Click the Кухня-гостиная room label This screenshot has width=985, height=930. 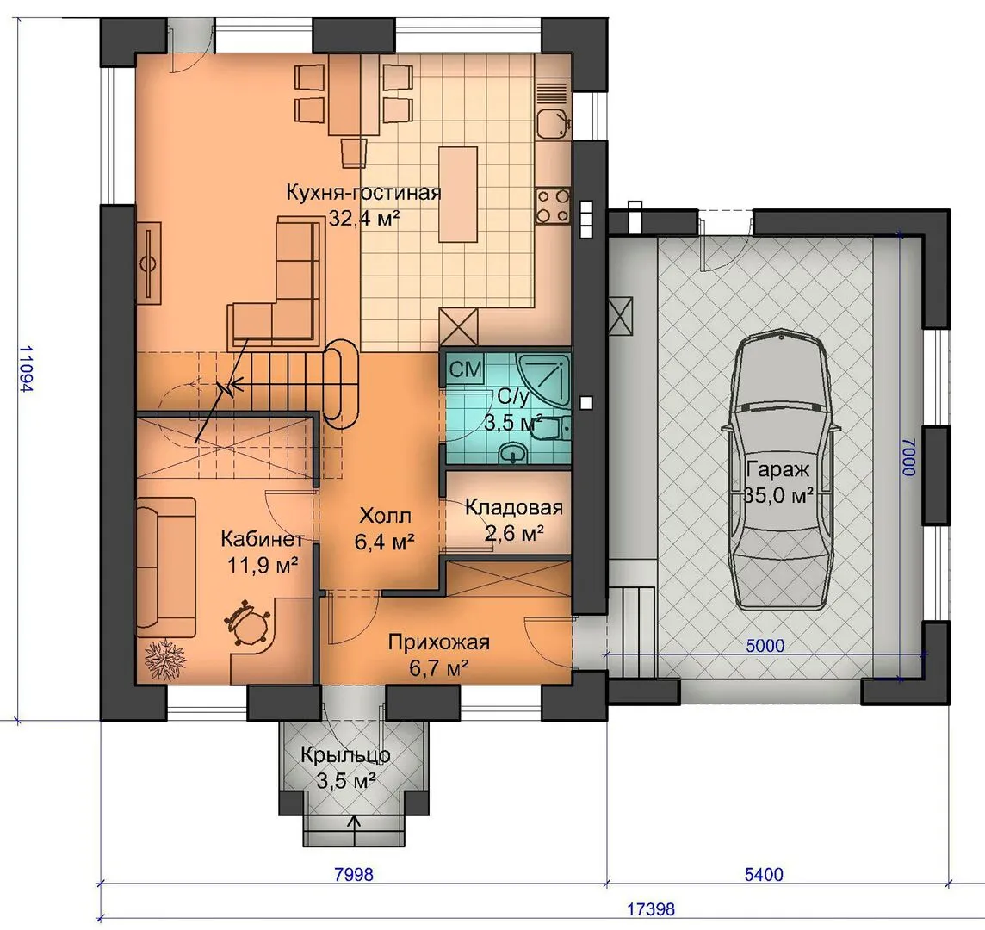point(363,192)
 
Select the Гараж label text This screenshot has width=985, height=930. point(778,469)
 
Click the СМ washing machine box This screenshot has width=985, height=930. point(466,369)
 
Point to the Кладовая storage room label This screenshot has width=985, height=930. point(514,507)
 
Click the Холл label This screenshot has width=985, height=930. point(385,516)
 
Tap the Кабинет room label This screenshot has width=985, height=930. point(262,538)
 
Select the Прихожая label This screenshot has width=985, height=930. point(438,642)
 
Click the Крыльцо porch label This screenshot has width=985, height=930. point(345,754)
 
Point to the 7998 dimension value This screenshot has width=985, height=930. point(354,874)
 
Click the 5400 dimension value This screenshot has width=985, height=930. point(764,874)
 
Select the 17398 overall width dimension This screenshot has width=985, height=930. point(651,908)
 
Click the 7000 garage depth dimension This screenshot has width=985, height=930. point(909,457)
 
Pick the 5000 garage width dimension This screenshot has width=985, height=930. point(765,645)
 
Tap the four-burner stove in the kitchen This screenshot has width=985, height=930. point(553,207)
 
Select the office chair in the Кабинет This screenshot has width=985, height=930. point(247,622)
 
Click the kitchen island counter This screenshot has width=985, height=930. point(457,194)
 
